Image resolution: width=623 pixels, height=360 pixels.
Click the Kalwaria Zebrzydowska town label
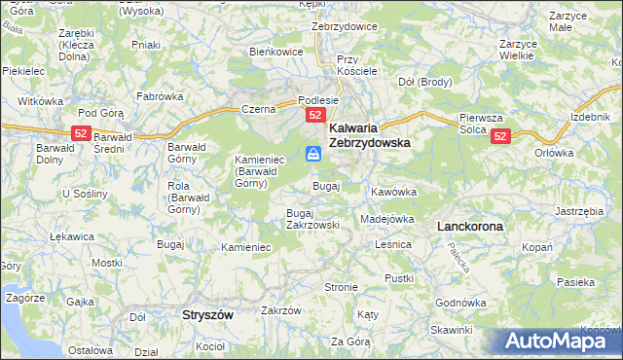coord(369,134)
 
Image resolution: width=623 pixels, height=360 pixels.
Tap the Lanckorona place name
coord(470,226)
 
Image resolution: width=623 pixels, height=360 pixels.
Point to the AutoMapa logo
coord(558,341)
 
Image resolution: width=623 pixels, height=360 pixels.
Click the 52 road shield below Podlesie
coord(315,116)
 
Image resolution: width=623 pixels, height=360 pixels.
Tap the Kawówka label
coord(393,192)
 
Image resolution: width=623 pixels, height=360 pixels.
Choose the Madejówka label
coord(387,219)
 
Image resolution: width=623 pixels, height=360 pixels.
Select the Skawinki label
coord(451,331)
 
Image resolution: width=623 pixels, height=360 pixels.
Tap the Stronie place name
coord(342,288)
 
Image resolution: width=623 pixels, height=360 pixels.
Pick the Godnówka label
coord(461,303)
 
